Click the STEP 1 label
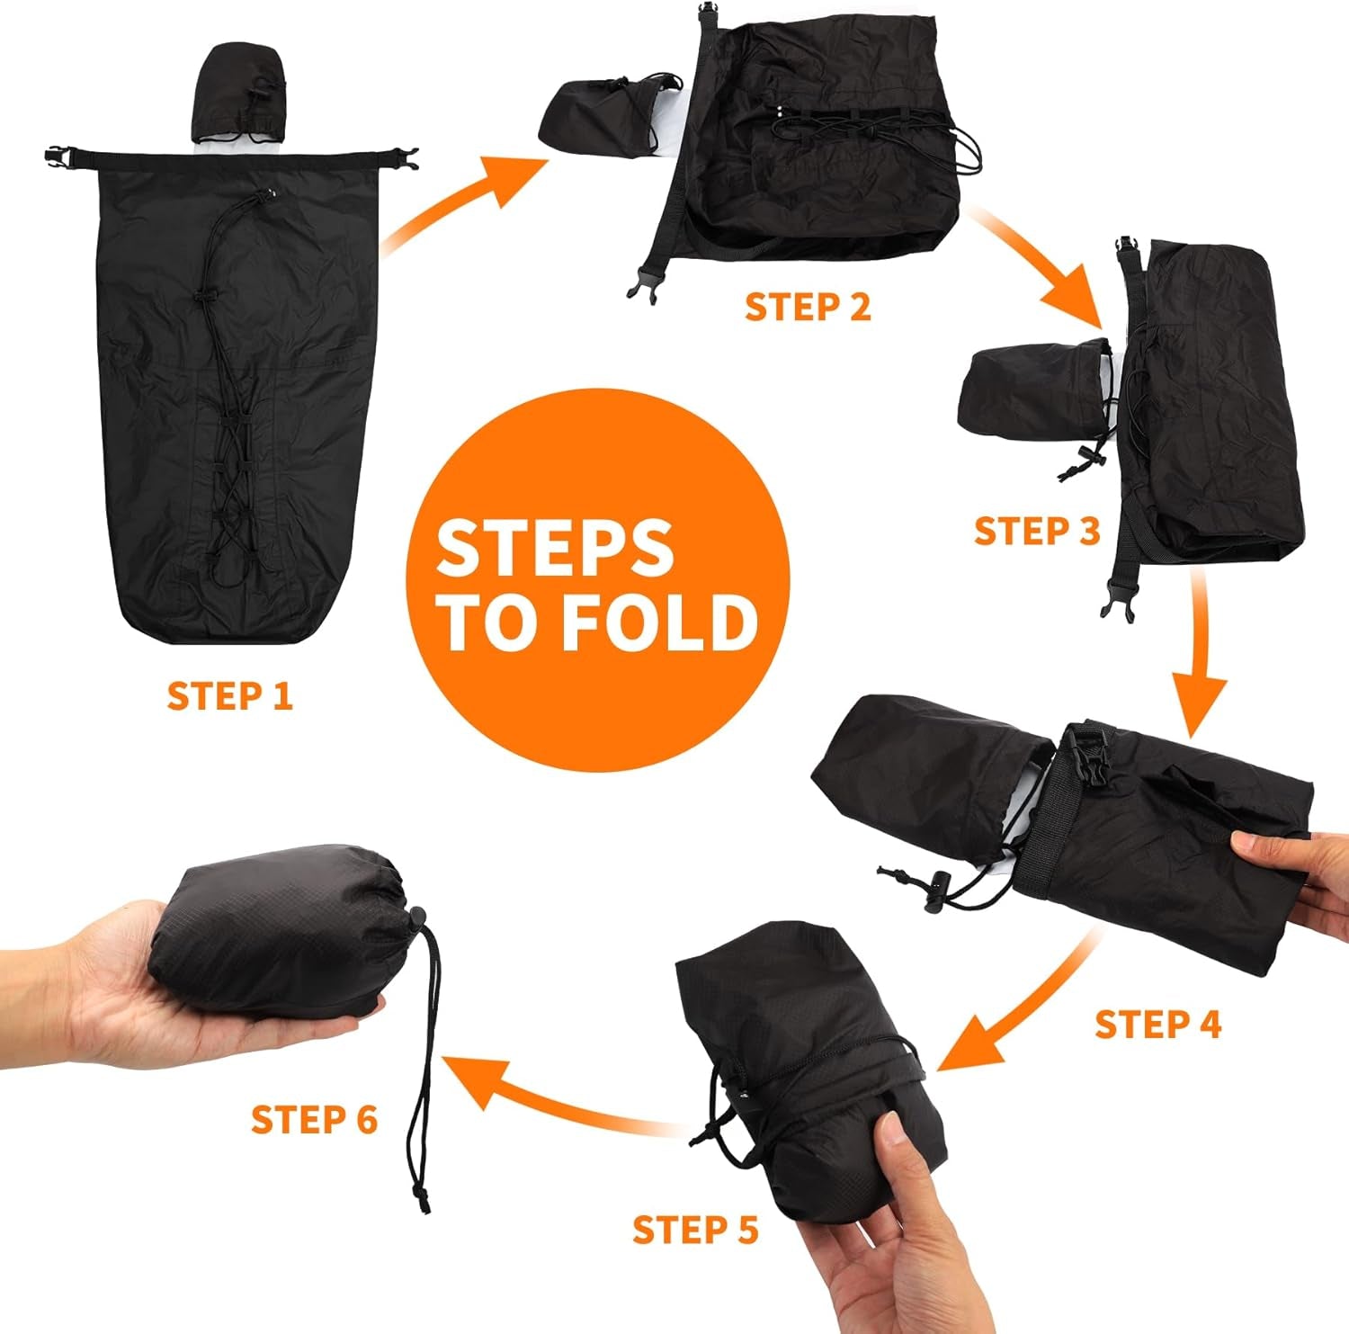tap(230, 696)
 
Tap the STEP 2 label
tap(808, 307)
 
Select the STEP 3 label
tap(1037, 531)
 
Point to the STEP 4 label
tap(1158, 1025)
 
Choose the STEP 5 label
tap(695, 1229)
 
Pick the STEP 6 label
tap(314, 1120)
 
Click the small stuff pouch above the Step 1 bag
tap(239, 96)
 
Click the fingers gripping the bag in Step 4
tap(1282, 864)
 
